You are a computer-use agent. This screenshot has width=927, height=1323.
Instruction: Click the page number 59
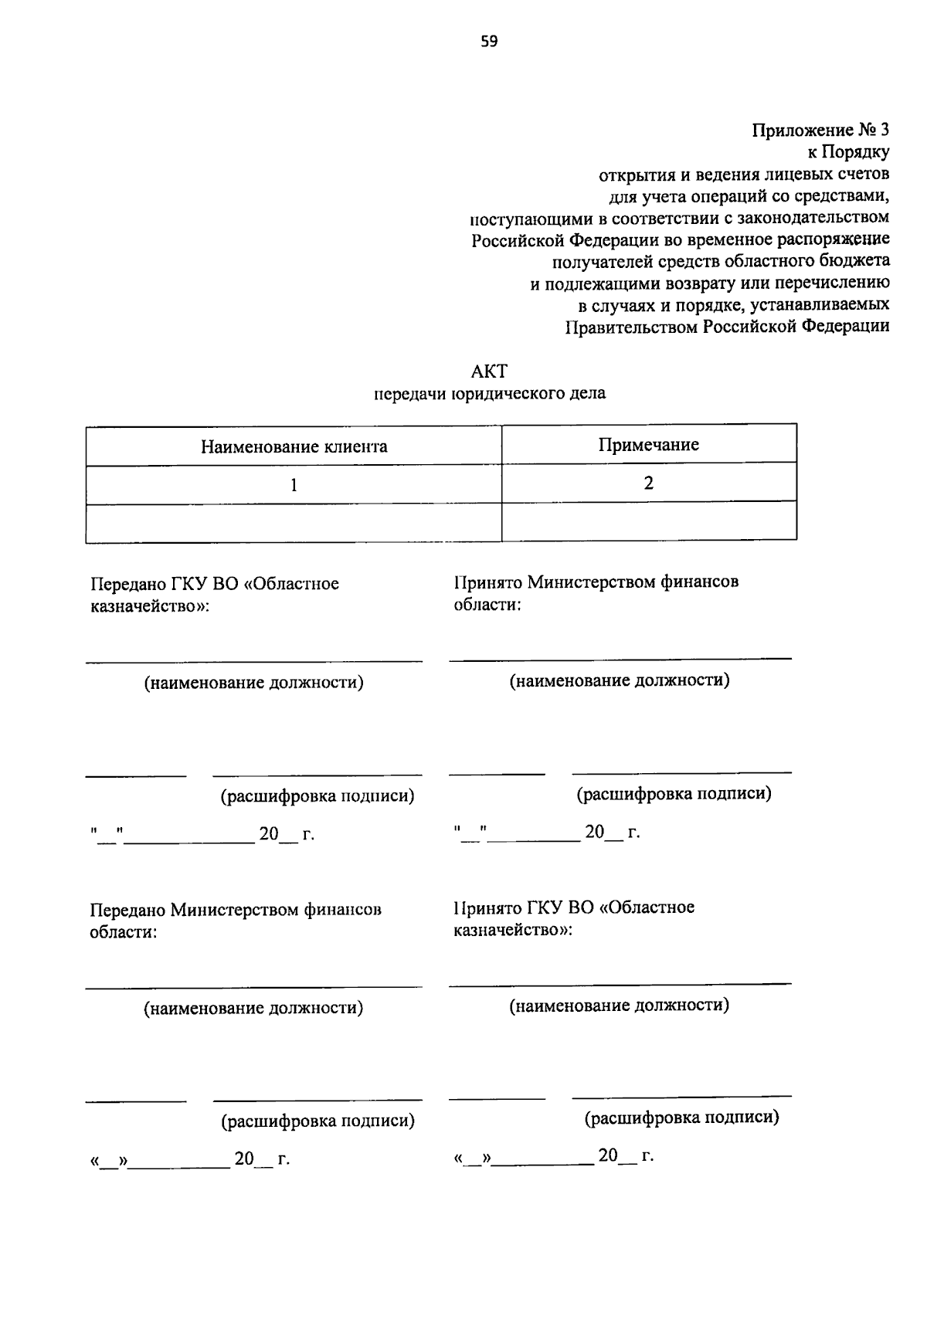pos(488,42)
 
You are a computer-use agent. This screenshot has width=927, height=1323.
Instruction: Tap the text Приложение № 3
pos(820,130)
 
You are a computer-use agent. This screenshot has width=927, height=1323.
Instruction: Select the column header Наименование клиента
pos(294,446)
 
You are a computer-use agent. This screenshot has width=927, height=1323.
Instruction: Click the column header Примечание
pos(649,444)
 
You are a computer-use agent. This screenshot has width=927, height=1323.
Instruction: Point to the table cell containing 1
pos(294,485)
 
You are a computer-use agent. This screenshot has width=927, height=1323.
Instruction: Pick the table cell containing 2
pos(649,483)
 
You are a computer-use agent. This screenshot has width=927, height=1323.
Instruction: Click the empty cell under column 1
pos(294,523)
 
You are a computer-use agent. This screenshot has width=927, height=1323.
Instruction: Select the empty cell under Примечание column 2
pos(649,521)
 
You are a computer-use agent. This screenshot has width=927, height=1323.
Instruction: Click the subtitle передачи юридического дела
pos(490,394)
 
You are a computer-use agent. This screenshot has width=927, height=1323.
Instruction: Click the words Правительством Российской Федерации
pos(727,326)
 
